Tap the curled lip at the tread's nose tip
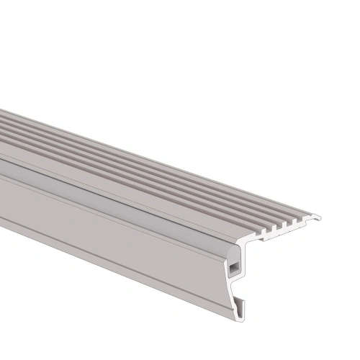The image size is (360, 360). pyautogui.click(x=318, y=216)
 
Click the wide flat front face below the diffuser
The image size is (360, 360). pyautogui.click(x=108, y=230)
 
